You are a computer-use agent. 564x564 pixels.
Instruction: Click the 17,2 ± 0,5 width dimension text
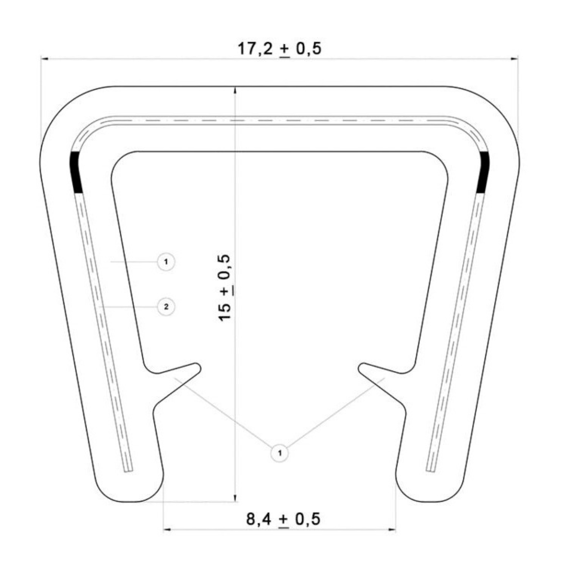279,48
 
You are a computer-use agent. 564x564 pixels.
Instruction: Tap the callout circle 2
166,306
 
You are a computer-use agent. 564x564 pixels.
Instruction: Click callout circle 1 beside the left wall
166,262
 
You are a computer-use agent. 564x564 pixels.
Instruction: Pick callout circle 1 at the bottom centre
279,453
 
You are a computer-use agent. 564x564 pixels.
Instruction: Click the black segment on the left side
76,172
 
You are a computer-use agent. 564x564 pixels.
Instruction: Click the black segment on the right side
483,172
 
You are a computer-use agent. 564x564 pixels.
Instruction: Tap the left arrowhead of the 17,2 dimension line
43,58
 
